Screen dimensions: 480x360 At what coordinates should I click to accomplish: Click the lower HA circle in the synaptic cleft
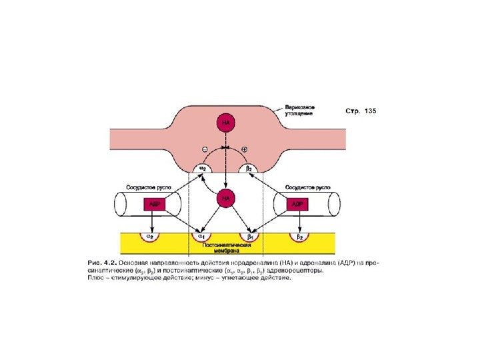pos(226,197)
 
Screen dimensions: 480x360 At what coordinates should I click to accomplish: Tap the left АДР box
pos(154,204)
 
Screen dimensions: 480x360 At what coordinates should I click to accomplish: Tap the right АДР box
pos(297,204)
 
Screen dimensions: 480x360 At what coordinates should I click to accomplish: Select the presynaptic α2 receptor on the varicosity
pos(201,169)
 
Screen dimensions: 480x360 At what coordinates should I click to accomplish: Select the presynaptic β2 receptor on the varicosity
pos(249,169)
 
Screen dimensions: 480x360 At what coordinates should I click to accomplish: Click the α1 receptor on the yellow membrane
pos(199,235)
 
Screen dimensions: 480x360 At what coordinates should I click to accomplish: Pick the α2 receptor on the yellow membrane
pos(151,235)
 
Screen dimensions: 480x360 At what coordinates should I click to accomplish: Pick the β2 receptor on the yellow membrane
pos(299,235)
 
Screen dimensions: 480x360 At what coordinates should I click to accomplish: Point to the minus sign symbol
pos(205,148)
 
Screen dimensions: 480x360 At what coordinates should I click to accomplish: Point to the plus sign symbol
pos(245,148)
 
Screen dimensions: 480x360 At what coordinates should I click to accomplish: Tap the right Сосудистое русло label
pos(305,187)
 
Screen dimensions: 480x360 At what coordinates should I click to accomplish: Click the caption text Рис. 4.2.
pos(105,263)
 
